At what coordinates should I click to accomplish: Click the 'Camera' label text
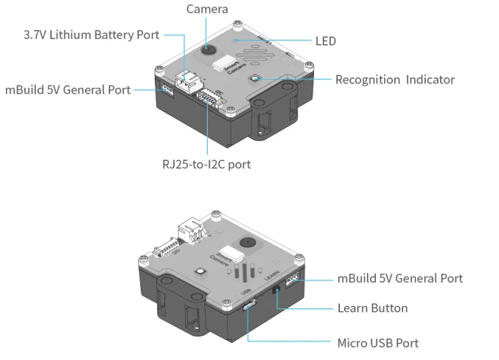206,10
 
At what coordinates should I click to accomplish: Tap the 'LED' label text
325,41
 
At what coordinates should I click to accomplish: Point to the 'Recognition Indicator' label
394,80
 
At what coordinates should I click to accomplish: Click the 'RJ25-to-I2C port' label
206,164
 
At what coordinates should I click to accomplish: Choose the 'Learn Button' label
372,308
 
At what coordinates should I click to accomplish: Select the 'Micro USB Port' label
377,343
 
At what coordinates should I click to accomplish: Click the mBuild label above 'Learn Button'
400,278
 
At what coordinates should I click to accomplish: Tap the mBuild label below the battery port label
68,90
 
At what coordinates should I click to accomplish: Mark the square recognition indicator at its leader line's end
255,79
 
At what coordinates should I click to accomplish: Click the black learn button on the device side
276,292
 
